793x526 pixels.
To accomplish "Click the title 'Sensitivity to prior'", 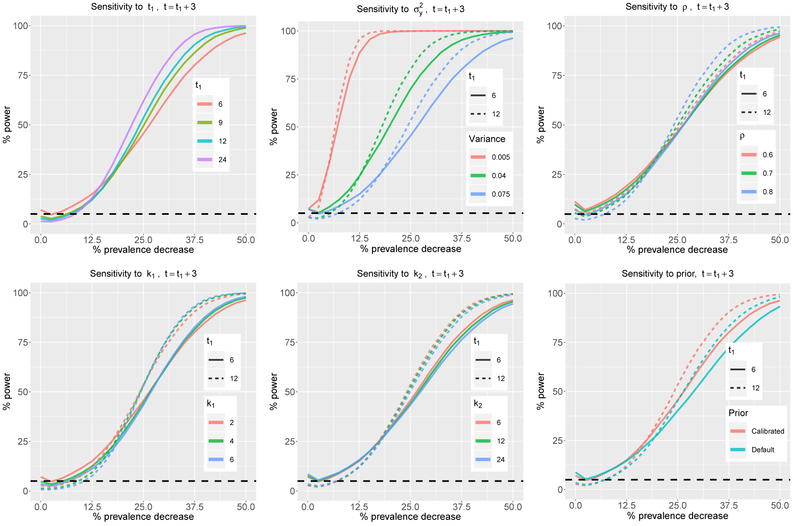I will [677, 274].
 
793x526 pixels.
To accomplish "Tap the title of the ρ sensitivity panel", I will [677, 7].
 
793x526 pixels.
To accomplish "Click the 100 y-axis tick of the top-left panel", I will [21, 26].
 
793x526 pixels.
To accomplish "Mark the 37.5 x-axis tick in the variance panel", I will [462, 239].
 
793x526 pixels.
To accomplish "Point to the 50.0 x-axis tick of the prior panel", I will [780, 506].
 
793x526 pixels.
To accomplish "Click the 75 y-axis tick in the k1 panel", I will [23, 343].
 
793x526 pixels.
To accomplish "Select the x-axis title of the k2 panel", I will [410, 517].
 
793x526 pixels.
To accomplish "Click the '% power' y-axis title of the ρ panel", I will [540, 124].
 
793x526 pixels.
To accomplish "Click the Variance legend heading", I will [487, 139].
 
